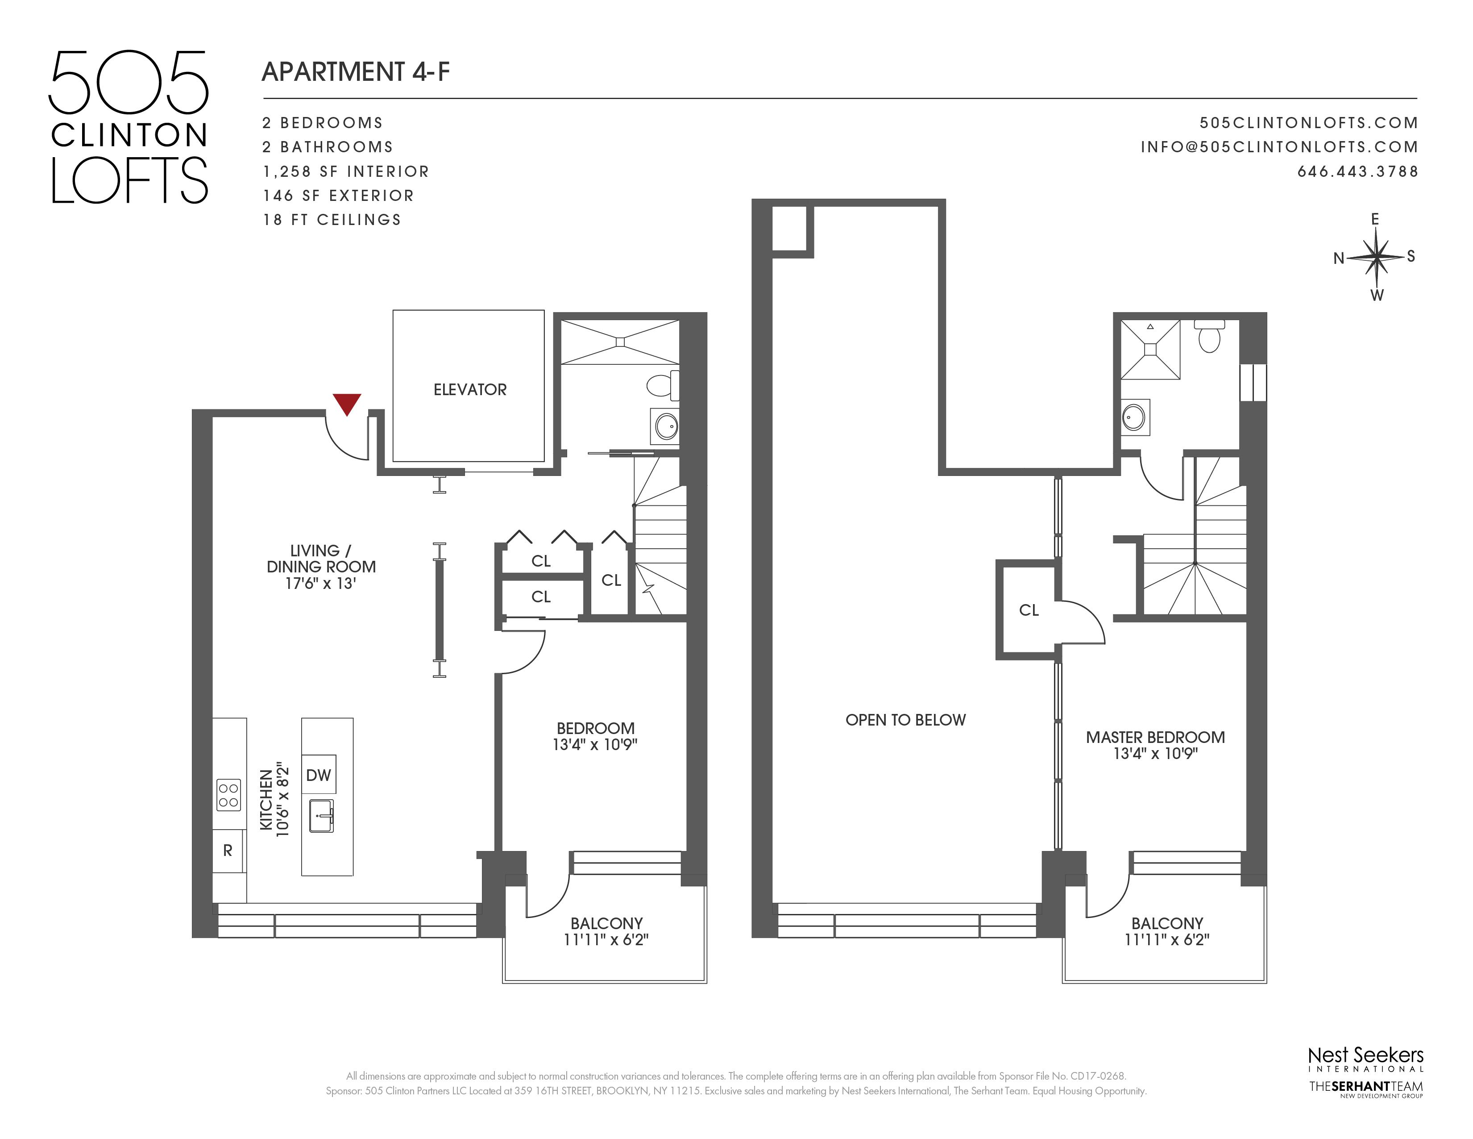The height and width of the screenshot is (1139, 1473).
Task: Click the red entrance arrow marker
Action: click(347, 404)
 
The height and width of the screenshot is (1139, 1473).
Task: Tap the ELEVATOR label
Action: click(469, 389)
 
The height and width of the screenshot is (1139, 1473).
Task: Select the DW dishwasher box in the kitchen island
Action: click(318, 775)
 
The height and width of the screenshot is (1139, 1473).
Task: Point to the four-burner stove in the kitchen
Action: click(228, 794)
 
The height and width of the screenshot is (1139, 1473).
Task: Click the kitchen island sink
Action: click(322, 815)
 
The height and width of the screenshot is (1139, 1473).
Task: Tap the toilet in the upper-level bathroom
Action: click(1209, 335)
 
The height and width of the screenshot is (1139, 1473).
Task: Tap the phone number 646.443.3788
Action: click(1358, 171)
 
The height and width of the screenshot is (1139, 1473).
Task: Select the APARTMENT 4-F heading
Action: click(356, 71)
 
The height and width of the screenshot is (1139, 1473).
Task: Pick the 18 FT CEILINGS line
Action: click(332, 220)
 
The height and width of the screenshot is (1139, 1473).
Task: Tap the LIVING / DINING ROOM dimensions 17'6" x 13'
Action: click(320, 584)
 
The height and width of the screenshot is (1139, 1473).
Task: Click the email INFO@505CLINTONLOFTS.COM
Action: click(1279, 147)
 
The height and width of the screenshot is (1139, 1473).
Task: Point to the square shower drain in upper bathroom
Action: click(1151, 349)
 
